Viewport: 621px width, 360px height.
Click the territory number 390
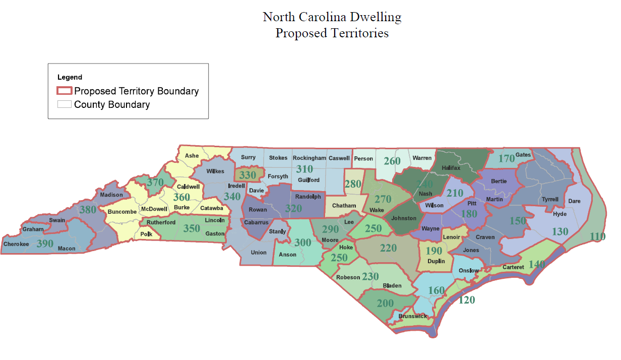click(45, 244)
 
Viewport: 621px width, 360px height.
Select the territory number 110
click(598, 236)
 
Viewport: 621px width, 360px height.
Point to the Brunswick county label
click(413, 317)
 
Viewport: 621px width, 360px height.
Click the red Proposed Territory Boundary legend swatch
click(64, 91)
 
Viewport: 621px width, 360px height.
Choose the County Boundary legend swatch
click(64, 104)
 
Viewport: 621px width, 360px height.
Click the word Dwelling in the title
click(376, 17)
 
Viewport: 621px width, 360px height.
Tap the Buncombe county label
click(122, 212)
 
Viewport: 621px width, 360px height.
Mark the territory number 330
click(247, 175)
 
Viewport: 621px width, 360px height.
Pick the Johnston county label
click(404, 218)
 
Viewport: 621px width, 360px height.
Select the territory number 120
click(467, 299)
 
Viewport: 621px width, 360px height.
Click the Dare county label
click(574, 201)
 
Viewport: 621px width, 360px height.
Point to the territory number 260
click(392, 161)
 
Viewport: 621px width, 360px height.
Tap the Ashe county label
click(192, 156)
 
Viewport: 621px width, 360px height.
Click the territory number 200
click(385, 304)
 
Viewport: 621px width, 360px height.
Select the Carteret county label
click(514, 267)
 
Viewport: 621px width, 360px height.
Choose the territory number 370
click(156, 183)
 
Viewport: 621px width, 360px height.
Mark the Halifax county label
click(451, 168)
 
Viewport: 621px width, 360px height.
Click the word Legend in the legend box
click(70, 77)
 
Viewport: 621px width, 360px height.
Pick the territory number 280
click(353, 184)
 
